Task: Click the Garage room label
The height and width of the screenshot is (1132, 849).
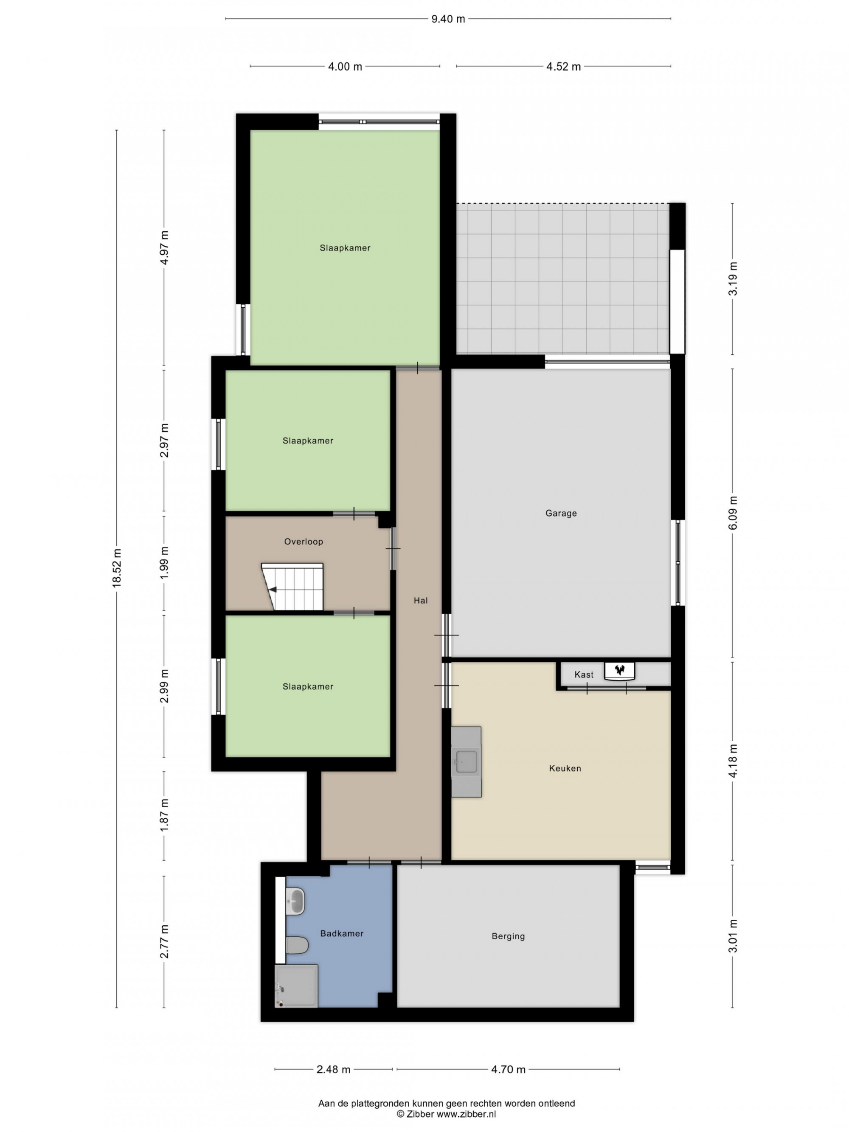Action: coord(561,513)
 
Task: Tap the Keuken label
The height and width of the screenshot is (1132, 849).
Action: coord(565,768)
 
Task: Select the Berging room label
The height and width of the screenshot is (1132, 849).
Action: coord(508,936)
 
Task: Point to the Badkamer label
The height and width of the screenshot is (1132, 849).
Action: coord(342,933)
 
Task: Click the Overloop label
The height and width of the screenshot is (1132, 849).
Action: coord(304,542)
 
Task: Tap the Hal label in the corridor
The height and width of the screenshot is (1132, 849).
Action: coord(421,600)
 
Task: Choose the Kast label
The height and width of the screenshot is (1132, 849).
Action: coord(584,674)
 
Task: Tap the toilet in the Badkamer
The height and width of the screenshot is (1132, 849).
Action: coord(297,945)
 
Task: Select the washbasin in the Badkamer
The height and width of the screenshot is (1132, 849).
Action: coord(295,901)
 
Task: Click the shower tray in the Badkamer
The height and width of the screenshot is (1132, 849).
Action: coord(296,986)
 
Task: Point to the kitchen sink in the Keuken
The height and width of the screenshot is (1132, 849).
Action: coord(466,762)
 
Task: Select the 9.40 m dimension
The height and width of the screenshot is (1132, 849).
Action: coord(448,19)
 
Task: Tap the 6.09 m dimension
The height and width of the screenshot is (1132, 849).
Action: coord(733,513)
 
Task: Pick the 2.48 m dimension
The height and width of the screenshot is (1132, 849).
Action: coord(334,1069)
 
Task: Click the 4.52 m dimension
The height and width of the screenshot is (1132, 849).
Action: coord(563,67)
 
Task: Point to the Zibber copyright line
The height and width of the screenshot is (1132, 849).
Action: coord(446,1114)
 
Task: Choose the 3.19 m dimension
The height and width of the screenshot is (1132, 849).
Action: coord(733,278)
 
